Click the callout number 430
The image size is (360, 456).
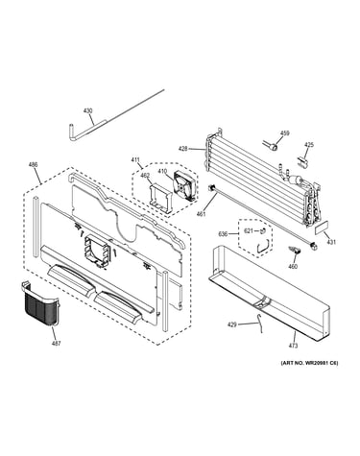pyautogui.click(x=87, y=110)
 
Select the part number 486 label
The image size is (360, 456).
pyautogui.click(x=33, y=164)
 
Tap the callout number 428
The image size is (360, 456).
pyautogui.click(x=183, y=149)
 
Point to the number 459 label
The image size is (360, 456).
pyautogui.click(x=285, y=133)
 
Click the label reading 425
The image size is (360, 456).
pyautogui.click(x=309, y=145)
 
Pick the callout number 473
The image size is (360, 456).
pyautogui.click(x=293, y=346)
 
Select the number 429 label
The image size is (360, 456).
pyautogui.click(x=232, y=324)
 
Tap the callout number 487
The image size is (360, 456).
pyautogui.click(x=56, y=344)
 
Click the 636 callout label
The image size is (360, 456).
pyautogui.click(x=223, y=234)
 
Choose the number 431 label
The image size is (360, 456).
pyautogui.click(x=331, y=242)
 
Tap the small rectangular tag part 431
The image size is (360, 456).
pyautogui.click(x=321, y=229)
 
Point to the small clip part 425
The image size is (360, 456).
pyautogui.click(x=303, y=161)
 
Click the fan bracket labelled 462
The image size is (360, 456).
pyautogui.click(x=160, y=198)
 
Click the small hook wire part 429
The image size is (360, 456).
pyautogui.click(x=260, y=324)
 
